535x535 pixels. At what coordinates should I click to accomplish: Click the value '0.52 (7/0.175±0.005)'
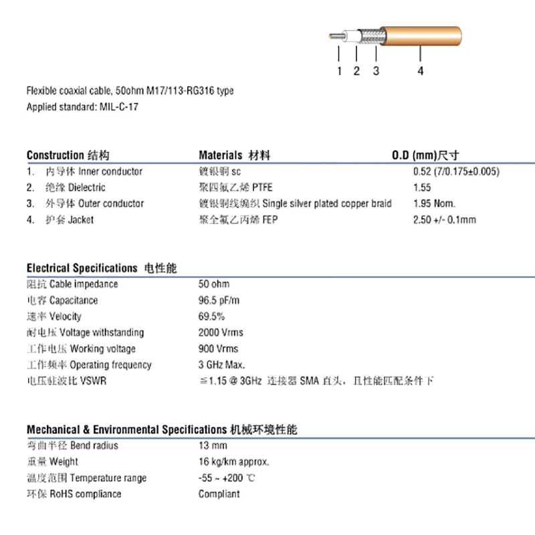pos(457,171)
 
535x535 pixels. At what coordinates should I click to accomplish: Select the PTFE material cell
pos(236,187)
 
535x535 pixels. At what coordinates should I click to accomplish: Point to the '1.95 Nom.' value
pos(435,203)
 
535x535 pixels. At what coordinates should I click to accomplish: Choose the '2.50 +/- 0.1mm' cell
pos(445,219)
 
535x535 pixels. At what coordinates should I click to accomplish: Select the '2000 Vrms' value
pos(221,332)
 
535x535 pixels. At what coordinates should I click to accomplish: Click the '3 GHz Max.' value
pos(222,365)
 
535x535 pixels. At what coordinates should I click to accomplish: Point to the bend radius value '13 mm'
pos(213,446)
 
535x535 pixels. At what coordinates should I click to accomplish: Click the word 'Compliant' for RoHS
pos(219,494)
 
